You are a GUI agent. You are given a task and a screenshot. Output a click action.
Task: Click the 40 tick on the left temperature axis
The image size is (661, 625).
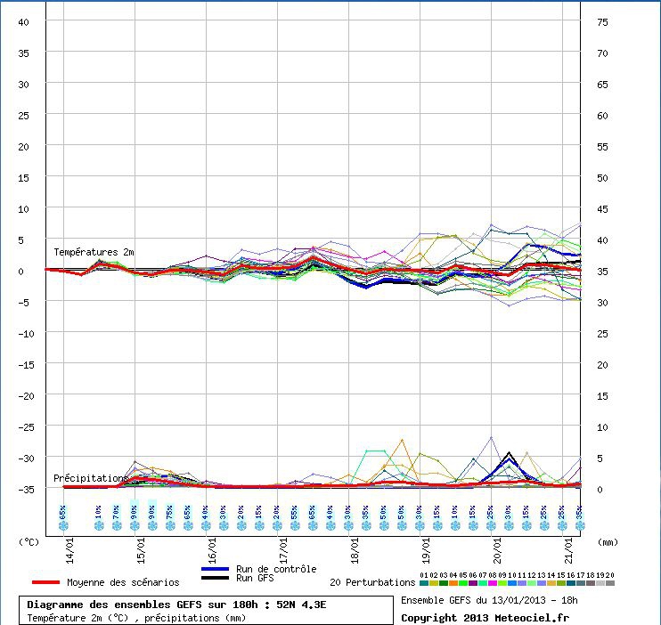coord(23,21)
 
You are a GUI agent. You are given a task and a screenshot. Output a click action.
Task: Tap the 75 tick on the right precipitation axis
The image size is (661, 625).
coord(602,21)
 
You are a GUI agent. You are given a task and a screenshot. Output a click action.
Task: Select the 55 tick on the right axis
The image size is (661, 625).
coord(602,146)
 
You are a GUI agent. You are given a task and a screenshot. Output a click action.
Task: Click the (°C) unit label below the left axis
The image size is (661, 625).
coord(29,540)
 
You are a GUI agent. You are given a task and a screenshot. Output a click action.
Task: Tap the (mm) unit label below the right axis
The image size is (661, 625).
coord(608,540)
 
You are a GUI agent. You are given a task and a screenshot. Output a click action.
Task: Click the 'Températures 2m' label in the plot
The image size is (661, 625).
coord(94,252)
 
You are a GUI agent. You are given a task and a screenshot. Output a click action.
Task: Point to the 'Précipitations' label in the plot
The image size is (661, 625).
coord(90,478)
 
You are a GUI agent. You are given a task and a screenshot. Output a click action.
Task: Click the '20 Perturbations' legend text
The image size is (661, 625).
coord(371,582)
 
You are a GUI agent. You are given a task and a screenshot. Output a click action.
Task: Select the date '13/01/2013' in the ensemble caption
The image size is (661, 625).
coord(504,600)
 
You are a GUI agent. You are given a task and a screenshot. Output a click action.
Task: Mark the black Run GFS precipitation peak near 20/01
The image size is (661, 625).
coord(509,453)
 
